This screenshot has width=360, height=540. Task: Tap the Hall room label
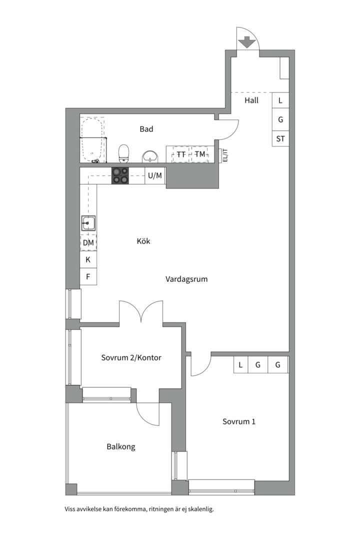click(251, 100)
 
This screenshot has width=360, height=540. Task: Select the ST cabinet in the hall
click(280, 139)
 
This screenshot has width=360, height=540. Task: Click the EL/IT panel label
click(225, 155)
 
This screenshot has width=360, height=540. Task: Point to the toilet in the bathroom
click(123, 153)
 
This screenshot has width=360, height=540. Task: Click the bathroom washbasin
click(150, 156)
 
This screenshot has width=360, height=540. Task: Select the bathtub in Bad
click(92, 140)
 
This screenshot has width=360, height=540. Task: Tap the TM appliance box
click(200, 154)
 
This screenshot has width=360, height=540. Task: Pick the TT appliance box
click(181, 154)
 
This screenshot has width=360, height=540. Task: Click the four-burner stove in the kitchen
click(120, 175)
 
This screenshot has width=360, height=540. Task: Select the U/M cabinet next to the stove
click(155, 175)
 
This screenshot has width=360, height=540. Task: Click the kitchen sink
click(88, 223)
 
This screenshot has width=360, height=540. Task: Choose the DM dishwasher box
click(88, 243)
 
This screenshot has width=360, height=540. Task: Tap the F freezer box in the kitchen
click(88, 276)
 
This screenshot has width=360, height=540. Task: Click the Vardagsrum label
click(186, 279)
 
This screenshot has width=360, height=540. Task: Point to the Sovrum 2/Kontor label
click(131, 357)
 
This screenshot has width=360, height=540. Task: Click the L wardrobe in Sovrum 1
click(240, 364)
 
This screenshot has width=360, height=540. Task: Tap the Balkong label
click(121, 447)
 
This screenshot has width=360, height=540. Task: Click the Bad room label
click(146, 129)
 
